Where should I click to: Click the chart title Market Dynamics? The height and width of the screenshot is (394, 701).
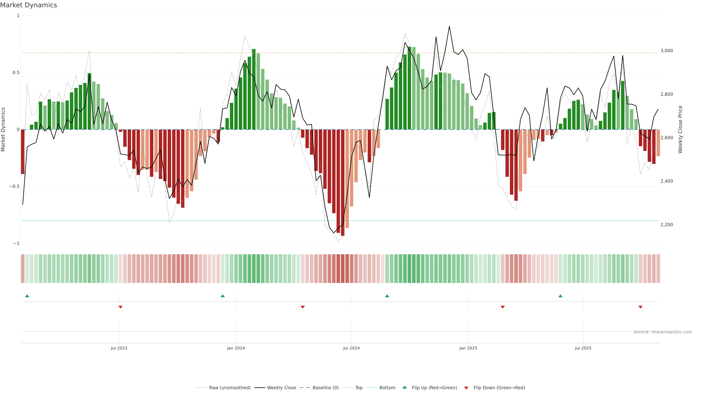[x=29, y=5]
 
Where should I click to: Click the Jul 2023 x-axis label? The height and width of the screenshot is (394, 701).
[x=119, y=348]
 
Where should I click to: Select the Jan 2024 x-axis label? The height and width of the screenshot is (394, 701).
[x=236, y=348]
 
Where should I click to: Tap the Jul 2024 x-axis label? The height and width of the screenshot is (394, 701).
[x=351, y=348]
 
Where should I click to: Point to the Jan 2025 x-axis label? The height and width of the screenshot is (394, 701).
[x=468, y=348]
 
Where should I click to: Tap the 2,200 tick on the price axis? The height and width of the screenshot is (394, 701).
[x=666, y=225]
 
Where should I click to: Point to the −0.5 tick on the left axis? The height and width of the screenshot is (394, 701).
[x=14, y=187]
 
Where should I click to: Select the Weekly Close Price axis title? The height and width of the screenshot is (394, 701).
[x=680, y=130]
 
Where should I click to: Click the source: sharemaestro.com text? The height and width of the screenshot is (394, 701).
[x=663, y=332]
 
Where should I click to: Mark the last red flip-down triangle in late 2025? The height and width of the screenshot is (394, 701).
[x=640, y=307]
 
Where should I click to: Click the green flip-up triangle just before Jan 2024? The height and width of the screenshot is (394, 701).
[x=223, y=296]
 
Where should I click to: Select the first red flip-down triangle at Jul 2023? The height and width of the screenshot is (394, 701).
[x=120, y=307]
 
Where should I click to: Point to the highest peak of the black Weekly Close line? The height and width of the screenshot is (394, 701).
[x=449, y=26]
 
